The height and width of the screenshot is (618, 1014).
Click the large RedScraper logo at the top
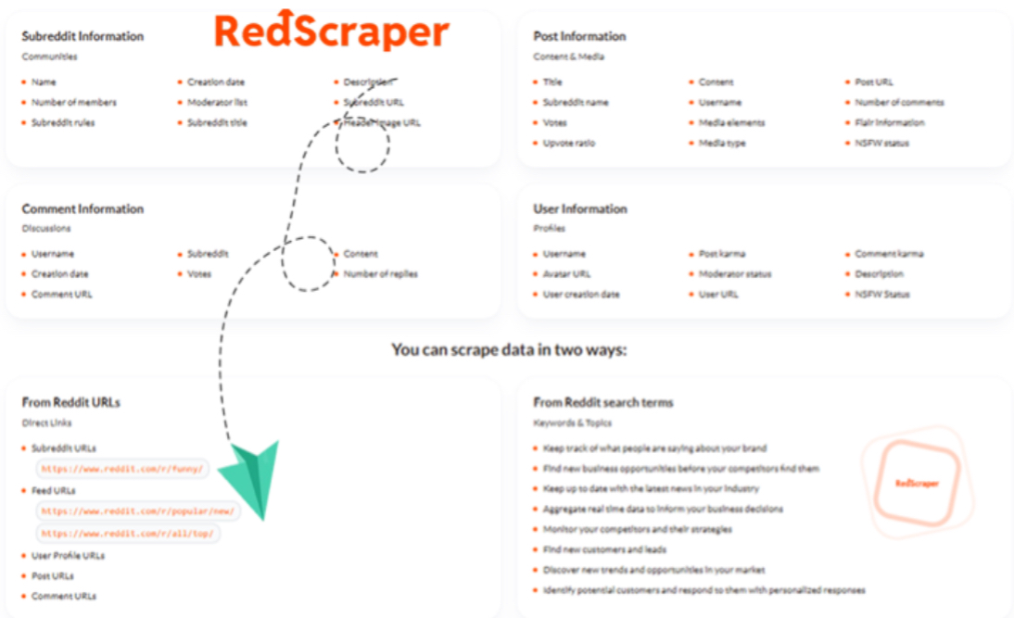tap(331, 31)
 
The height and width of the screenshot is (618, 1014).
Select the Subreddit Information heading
tap(82, 36)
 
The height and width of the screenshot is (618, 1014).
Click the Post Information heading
tap(579, 36)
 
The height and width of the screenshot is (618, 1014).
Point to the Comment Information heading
tap(82, 208)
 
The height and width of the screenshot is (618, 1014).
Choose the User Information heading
tap(580, 208)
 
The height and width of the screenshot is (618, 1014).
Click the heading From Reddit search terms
tap(603, 402)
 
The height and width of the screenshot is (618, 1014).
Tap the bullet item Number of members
tap(73, 102)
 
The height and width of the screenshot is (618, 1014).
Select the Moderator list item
tap(217, 102)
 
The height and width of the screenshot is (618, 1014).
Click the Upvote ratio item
tap(569, 143)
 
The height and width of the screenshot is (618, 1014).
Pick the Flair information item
tap(889, 122)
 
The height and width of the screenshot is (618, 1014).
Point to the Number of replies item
tap(380, 273)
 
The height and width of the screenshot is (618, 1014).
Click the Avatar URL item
tap(566, 273)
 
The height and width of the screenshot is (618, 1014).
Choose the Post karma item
tap(721, 253)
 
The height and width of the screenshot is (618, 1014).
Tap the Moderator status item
tap(734, 273)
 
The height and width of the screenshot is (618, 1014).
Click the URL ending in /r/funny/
tap(124, 470)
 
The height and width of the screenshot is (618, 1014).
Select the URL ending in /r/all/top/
tap(129, 534)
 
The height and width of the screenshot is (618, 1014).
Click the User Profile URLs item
tap(68, 555)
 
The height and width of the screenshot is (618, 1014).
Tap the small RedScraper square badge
tap(917, 483)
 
